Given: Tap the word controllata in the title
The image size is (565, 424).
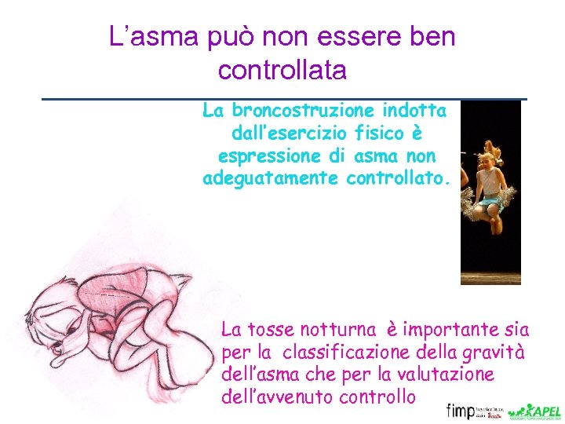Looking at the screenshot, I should [282, 71].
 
